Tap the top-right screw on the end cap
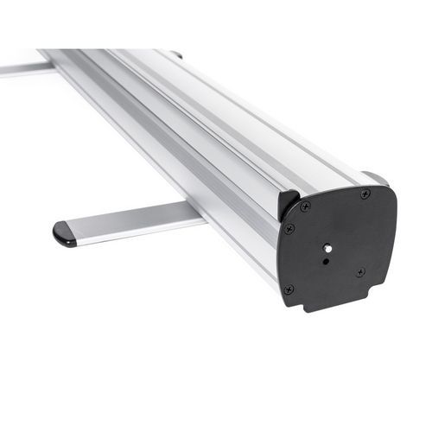tap(365, 194)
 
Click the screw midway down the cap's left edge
tap(289, 229)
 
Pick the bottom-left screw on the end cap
tap(289, 289)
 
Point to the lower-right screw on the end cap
tap(360, 271)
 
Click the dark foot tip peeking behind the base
tap(176, 54)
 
